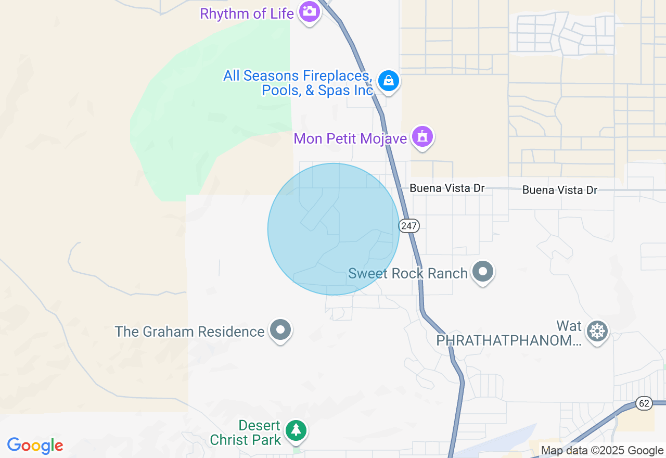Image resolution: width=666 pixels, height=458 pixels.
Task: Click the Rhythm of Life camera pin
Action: pos(310,11)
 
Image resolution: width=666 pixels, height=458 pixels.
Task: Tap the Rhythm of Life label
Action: pos(247,14)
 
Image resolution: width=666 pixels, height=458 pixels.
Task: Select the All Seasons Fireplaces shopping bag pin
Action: pos(388,81)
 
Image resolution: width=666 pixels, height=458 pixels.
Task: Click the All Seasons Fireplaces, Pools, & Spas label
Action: pos(298,83)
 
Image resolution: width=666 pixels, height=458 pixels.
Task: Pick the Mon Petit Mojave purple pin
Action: pos(422,137)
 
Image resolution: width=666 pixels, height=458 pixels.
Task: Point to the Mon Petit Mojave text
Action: pos(350,138)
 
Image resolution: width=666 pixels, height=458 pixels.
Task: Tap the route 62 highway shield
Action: pos(644,403)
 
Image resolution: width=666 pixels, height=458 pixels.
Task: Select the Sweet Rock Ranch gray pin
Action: pos(483,271)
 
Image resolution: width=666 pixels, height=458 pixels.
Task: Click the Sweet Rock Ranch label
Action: pos(407,273)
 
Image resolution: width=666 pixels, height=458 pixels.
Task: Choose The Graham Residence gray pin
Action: pos(281,329)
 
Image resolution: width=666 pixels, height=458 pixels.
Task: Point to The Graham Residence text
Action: pos(189,332)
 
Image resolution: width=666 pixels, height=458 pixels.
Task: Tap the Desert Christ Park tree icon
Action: pos(296,430)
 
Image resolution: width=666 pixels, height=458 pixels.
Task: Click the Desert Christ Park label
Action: pos(245,432)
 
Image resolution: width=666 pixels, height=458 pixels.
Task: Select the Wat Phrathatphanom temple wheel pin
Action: pos(597,331)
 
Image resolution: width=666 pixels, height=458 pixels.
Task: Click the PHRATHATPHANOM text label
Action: pos(508,340)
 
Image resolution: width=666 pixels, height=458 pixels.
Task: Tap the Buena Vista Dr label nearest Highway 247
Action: pos(447,188)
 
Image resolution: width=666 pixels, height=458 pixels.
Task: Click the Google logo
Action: pos(35,446)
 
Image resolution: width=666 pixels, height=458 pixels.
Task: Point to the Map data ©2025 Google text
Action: pos(602,451)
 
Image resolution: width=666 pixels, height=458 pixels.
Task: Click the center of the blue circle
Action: pos(334,230)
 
